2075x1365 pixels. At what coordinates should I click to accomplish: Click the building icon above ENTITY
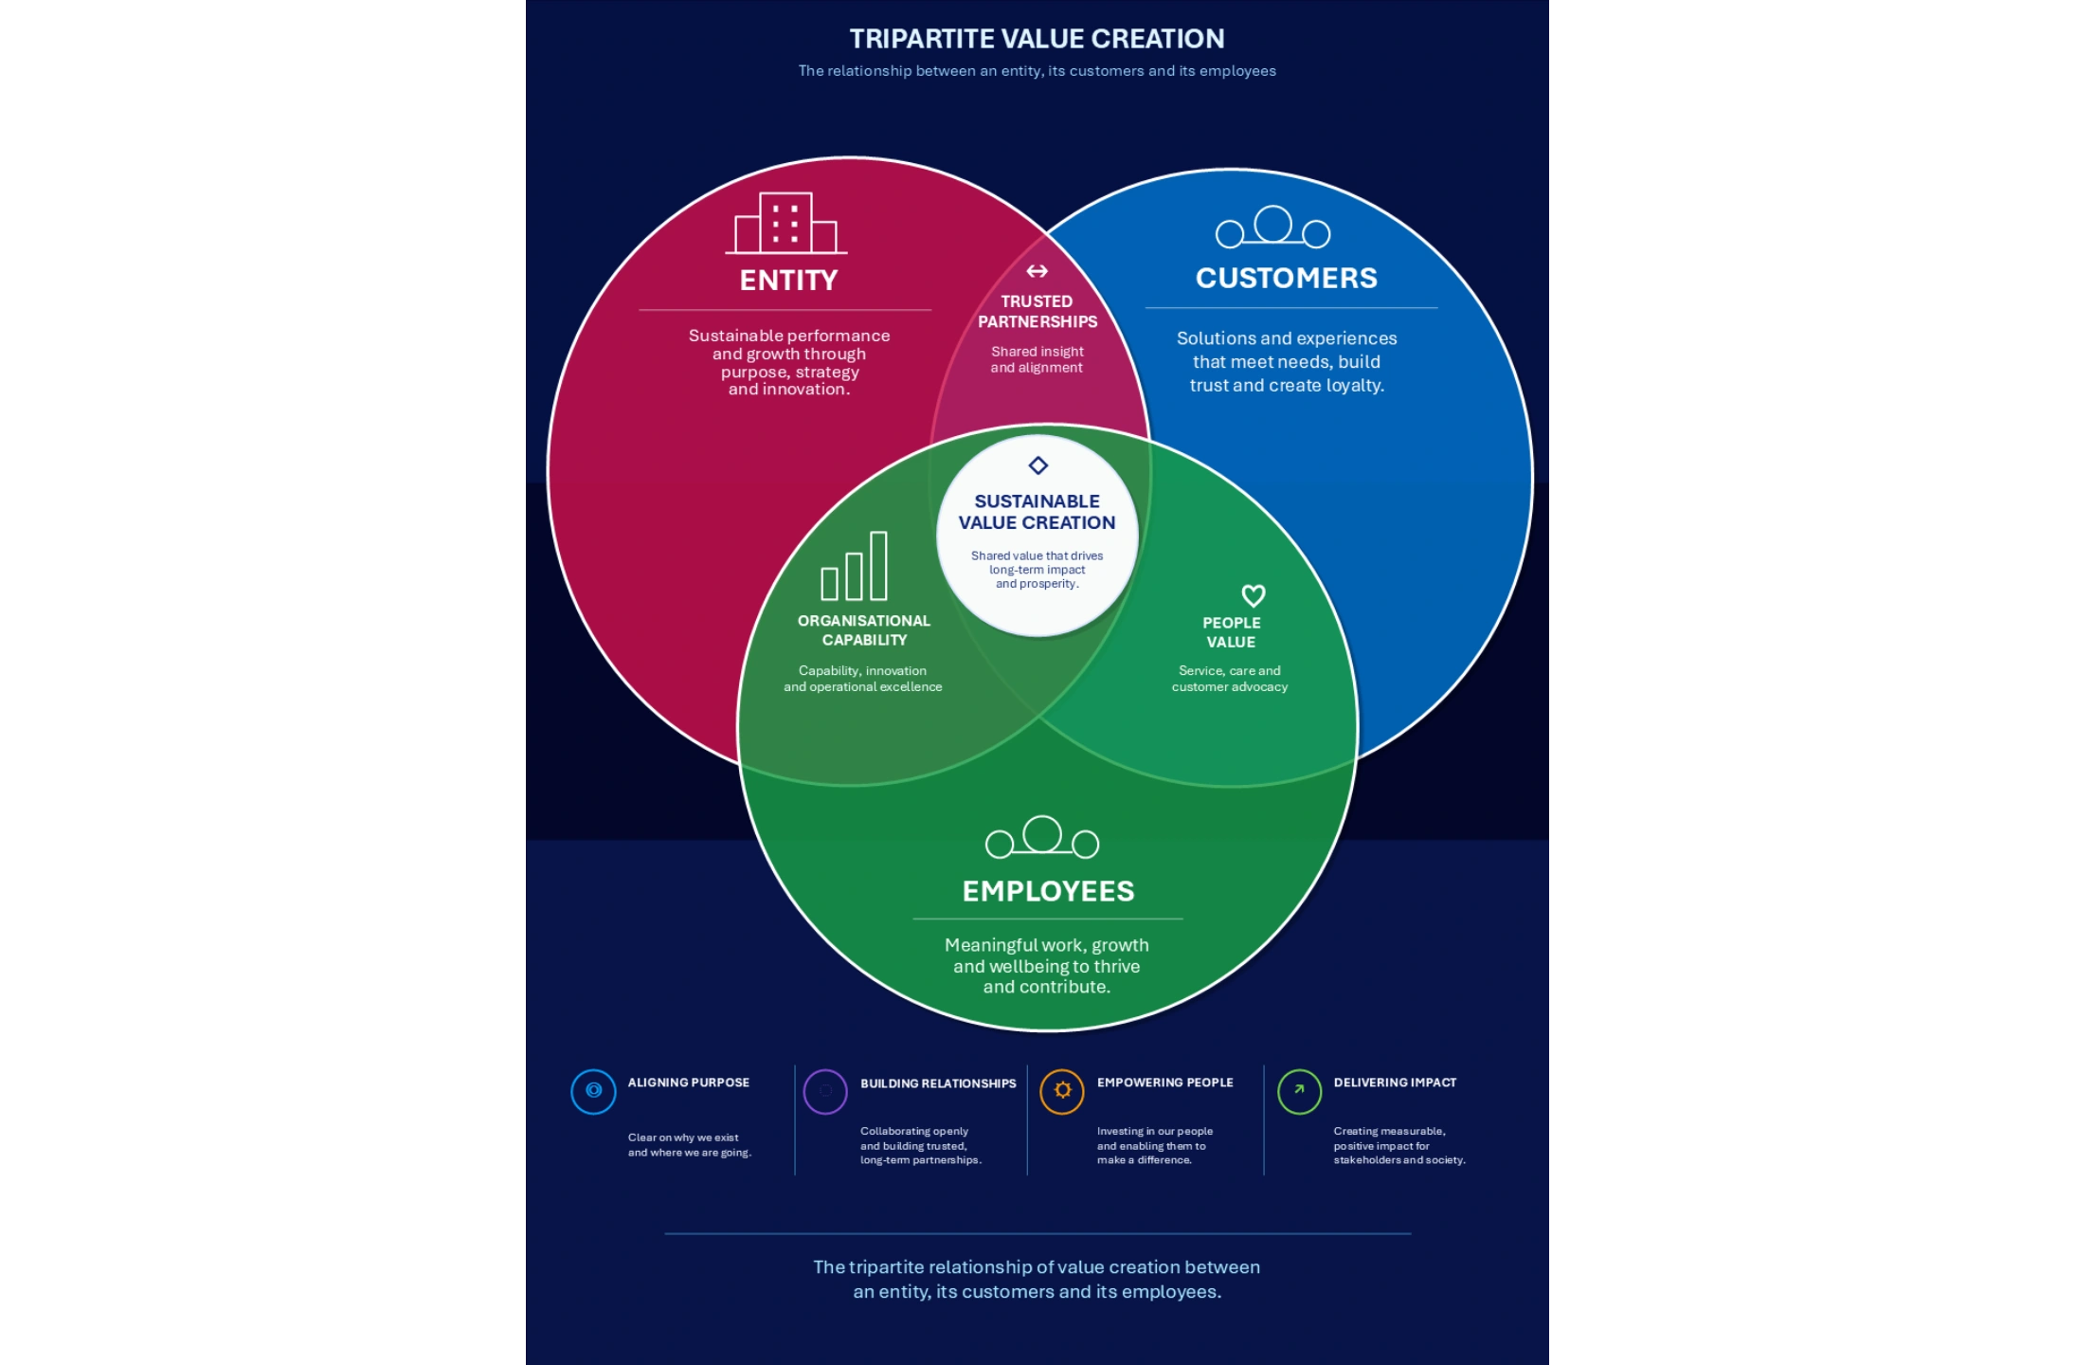click(x=785, y=224)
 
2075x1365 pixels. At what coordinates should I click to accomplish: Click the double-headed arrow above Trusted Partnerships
click(x=1037, y=271)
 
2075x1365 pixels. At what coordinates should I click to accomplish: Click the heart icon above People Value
click(x=1254, y=595)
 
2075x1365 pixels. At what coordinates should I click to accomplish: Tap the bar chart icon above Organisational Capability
click(x=854, y=566)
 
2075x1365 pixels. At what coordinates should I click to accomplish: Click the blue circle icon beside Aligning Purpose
click(x=593, y=1091)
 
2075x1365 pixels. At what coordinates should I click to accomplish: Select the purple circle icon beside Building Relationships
click(x=825, y=1091)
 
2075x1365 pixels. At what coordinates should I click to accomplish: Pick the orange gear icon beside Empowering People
click(x=1062, y=1091)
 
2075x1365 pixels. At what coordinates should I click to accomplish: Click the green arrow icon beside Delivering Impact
click(x=1299, y=1091)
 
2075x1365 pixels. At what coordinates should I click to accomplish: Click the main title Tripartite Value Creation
click(x=1037, y=39)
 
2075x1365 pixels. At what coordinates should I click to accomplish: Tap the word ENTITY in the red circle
click(x=788, y=281)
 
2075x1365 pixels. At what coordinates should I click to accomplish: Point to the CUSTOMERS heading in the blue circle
click(x=1286, y=278)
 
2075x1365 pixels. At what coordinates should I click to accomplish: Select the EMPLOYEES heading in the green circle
click(x=1048, y=891)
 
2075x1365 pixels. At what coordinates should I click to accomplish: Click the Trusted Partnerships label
click(x=1037, y=312)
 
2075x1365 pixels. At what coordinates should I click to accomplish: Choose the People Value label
click(x=1231, y=632)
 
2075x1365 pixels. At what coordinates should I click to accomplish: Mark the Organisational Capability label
click(x=864, y=630)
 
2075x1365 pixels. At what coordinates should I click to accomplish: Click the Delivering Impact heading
click(x=1395, y=1083)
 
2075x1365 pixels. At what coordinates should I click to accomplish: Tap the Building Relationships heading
click(x=938, y=1083)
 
